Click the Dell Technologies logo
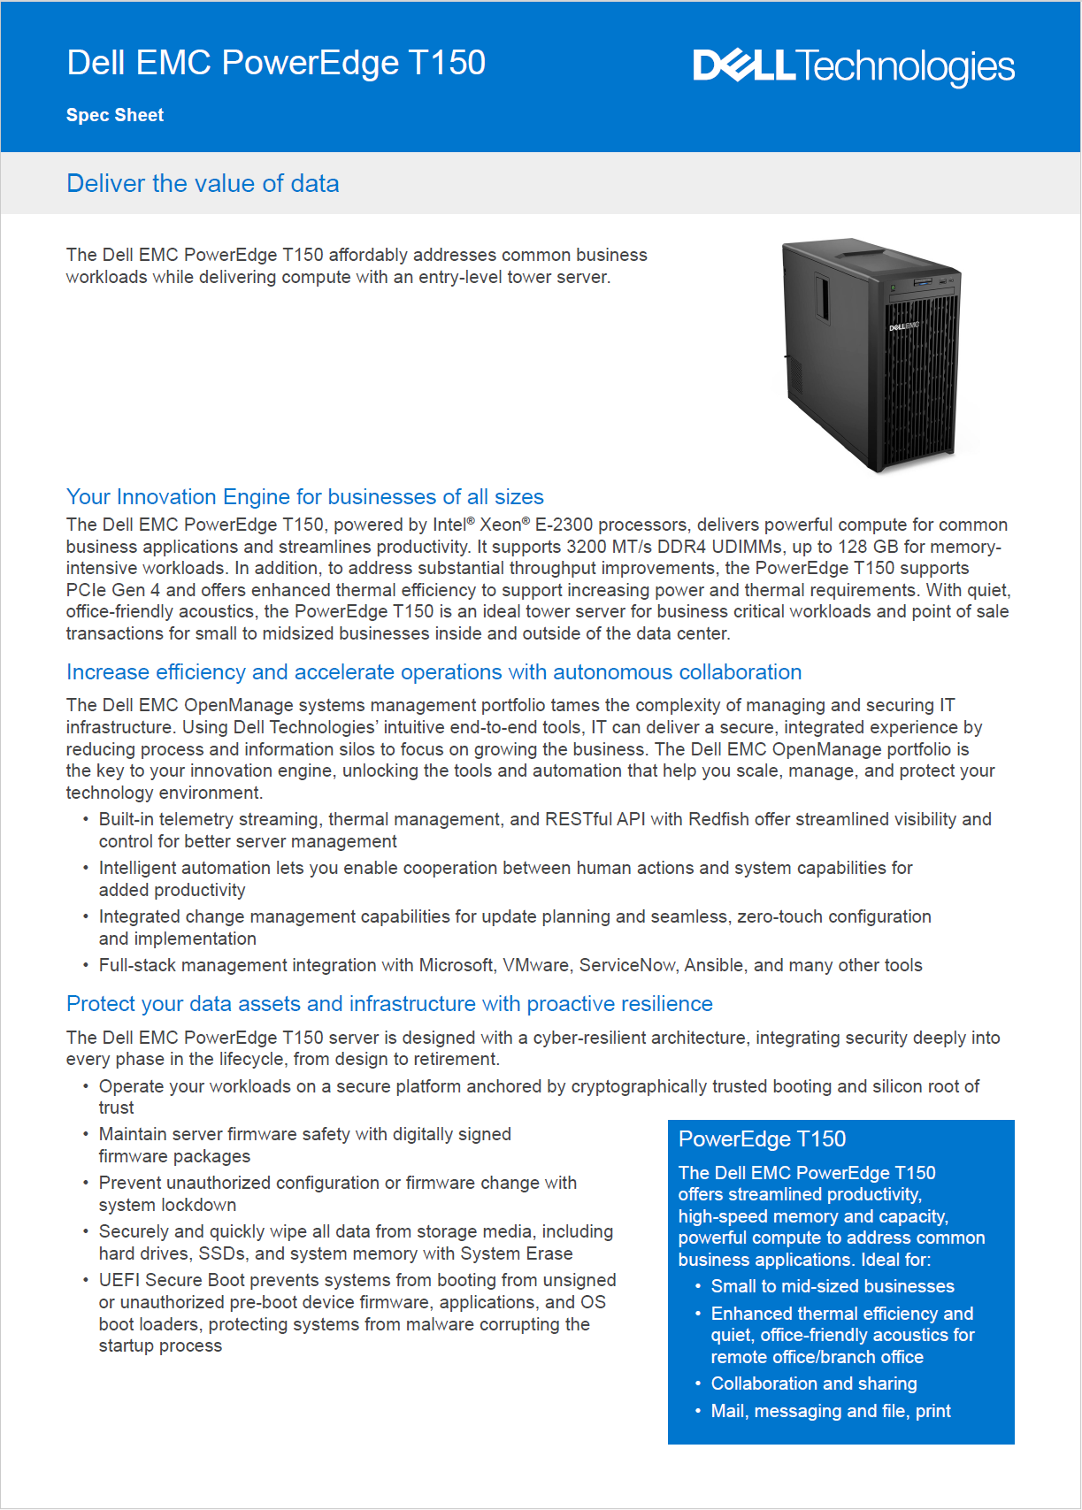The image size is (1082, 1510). coord(853,66)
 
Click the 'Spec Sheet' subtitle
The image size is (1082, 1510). coord(115,115)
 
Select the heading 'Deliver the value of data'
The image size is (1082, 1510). coord(203,183)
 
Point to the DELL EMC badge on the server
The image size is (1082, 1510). coord(903,327)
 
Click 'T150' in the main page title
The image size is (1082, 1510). coord(447,63)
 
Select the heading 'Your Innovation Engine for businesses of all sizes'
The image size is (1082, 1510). coord(304,496)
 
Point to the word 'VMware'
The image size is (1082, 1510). coord(536,965)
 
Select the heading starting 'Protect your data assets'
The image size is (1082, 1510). coord(389,1003)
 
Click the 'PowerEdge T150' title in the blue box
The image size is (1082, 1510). coord(762,1138)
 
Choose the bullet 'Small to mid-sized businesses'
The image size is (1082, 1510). coord(833,1286)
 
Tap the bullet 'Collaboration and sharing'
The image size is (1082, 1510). coord(814,1384)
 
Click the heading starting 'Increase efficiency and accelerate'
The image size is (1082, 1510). coord(434,672)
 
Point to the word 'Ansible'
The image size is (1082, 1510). coord(713,965)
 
